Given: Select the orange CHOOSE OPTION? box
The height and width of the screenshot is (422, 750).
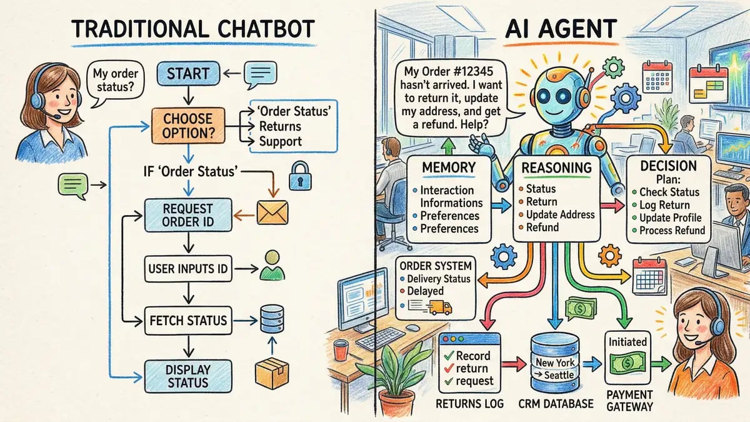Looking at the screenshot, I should point(187,125).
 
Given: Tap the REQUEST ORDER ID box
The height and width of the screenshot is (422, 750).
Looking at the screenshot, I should point(187,214).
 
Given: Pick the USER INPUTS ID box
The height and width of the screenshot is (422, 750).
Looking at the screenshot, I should point(187,270).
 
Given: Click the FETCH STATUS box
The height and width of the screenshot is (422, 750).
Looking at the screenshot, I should point(187,321).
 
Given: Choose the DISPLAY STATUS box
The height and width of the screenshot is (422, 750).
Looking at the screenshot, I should point(188,376).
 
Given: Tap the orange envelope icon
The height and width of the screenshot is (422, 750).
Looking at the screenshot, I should point(272,213).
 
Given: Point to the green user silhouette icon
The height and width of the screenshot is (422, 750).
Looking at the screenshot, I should point(272,265).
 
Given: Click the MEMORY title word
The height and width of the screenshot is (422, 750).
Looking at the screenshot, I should point(448,167).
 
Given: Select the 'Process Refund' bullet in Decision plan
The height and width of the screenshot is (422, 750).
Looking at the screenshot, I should point(672,230).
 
